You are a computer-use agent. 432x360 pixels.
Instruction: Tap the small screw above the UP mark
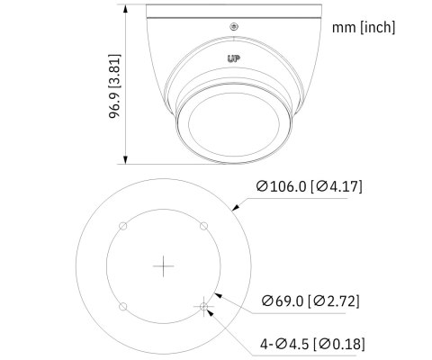coord(234,27)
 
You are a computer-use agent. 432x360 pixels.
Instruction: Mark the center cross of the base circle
coord(163,266)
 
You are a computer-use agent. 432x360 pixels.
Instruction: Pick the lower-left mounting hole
coord(122,307)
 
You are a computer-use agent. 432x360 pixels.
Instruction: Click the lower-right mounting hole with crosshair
coord(204,307)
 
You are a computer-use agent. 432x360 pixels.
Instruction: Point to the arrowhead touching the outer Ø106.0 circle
coord(237,206)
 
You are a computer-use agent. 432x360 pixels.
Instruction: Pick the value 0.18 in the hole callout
coord(346,344)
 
